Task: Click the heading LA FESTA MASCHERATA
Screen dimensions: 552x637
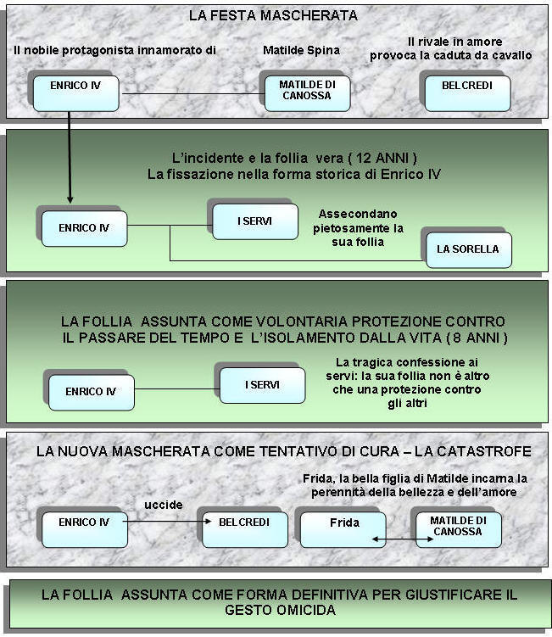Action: point(273,15)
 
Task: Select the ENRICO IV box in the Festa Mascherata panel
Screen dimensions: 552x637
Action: point(76,93)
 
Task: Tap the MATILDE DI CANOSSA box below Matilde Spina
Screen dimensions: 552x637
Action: point(308,93)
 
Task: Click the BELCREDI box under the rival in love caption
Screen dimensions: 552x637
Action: point(467,93)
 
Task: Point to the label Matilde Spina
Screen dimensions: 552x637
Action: point(301,50)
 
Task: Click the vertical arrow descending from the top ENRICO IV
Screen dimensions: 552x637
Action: point(70,157)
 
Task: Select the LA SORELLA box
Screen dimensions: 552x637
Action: point(469,250)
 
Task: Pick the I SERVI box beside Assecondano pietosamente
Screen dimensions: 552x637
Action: point(255,222)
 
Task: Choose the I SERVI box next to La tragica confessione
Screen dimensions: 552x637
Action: point(262,386)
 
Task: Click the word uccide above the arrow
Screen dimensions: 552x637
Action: point(164,505)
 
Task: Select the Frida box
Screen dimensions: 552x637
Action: point(343,530)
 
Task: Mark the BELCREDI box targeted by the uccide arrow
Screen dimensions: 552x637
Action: point(245,530)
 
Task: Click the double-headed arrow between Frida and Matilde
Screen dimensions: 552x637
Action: point(403,539)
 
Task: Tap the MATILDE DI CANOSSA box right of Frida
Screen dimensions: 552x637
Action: point(459,530)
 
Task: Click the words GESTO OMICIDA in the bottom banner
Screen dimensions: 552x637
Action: point(281,610)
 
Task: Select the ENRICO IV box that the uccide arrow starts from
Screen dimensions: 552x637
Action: point(85,530)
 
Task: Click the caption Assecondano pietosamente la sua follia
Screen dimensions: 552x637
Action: point(358,228)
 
